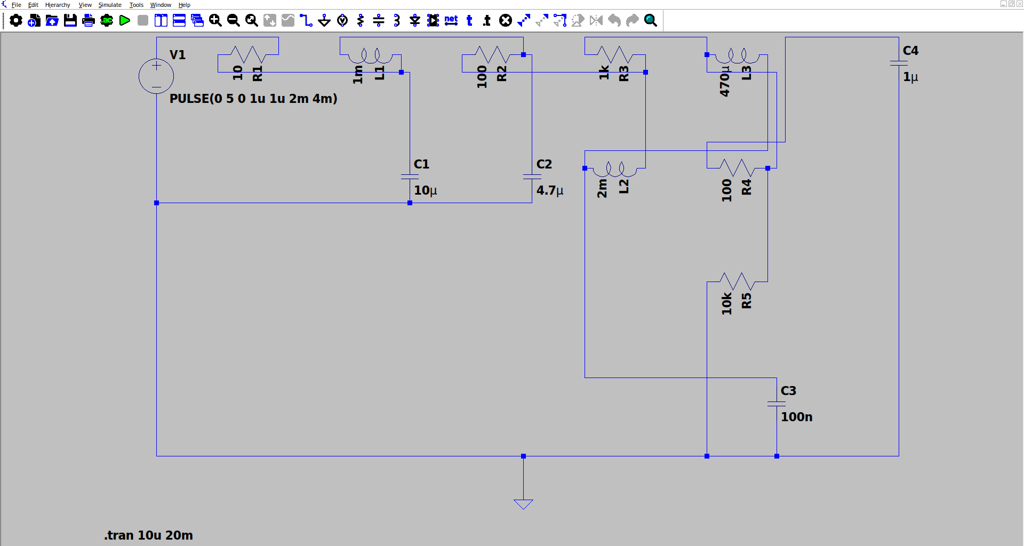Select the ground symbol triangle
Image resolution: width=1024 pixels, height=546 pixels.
(x=523, y=504)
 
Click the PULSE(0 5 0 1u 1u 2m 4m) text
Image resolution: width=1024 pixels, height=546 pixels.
(x=253, y=99)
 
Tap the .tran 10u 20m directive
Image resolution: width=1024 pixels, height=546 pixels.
(x=149, y=535)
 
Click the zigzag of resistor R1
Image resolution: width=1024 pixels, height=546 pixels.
(x=248, y=54)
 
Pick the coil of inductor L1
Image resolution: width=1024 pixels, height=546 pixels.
(x=371, y=55)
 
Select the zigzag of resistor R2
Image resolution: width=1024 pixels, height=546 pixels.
(x=492, y=54)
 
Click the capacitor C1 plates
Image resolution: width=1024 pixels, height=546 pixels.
(x=410, y=176)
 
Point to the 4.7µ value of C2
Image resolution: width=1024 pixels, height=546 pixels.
(x=550, y=190)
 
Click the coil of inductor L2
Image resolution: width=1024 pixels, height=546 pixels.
(x=615, y=169)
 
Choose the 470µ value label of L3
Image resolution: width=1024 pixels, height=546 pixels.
(x=724, y=81)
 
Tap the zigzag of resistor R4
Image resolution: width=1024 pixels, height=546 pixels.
(x=737, y=168)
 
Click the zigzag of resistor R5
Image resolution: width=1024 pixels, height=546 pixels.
(x=737, y=282)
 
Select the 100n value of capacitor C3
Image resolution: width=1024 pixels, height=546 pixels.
(x=797, y=417)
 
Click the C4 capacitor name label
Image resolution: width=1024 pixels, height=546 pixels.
(x=910, y=51)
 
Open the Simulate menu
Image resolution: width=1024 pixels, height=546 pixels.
(x=110, y=5)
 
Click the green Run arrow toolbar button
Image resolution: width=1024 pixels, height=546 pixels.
(x=125, y=21)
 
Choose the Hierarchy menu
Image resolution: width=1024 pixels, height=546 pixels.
(x=58, y=5)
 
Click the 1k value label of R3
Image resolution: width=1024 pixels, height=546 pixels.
(x=604, y=73)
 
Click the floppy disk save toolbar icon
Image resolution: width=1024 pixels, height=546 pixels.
(x=70, y=21)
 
